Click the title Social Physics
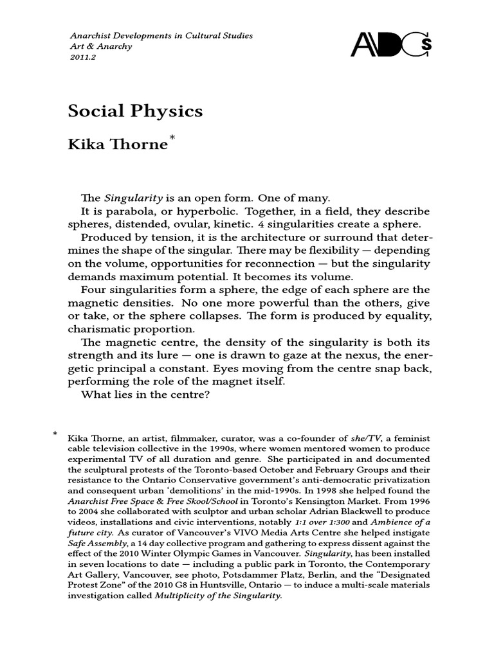(x=135, y=111)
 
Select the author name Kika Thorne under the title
(x=117, y=145)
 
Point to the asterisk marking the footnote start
(x=55, y=435)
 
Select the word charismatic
(x=99, y=329)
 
